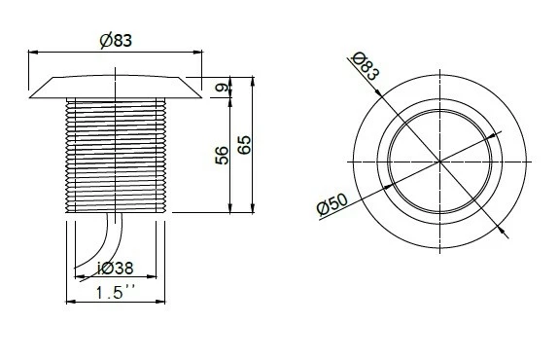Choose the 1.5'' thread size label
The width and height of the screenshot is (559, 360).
(115, 291)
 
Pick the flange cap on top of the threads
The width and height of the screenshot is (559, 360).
(115, 86)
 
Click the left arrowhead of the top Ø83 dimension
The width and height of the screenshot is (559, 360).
(32, 51)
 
